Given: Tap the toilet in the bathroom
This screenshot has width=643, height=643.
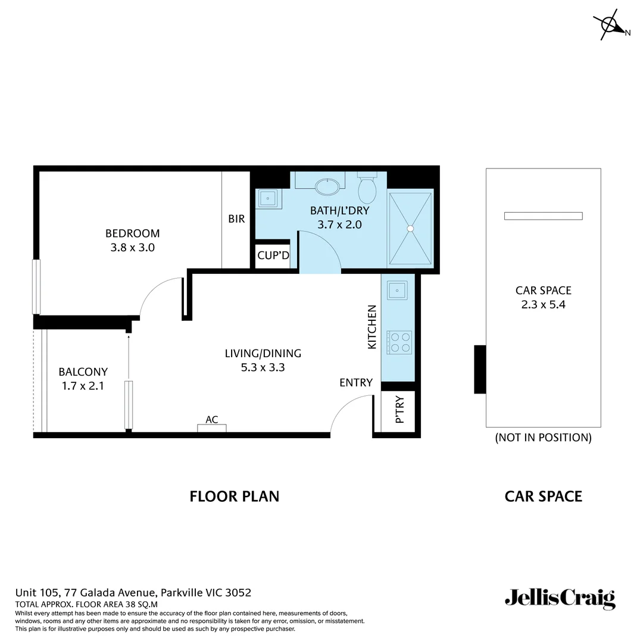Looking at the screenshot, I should (367, 189).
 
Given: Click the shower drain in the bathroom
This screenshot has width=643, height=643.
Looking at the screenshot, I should (410, 227).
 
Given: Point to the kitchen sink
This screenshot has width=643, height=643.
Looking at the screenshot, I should (397, 291).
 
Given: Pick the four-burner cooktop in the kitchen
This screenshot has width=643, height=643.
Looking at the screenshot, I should (399, 342).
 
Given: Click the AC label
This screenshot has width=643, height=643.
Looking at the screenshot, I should (212, 420).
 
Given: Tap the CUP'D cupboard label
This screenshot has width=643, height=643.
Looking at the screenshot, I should (273, 256).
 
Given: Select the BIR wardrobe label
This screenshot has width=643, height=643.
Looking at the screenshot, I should (236, 219).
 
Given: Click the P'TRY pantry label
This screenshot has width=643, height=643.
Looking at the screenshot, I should (399, 410).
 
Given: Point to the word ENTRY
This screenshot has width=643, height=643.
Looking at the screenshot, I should (356, 383).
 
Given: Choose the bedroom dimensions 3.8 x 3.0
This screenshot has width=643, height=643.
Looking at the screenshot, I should (132, 248).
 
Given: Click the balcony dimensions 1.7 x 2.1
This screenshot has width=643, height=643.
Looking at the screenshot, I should (83, 386).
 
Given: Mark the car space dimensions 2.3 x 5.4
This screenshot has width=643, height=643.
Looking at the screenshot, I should (543, 305).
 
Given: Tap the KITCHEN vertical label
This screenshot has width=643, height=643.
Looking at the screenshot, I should (372, 327).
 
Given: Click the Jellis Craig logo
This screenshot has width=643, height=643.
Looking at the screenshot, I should (560, 598).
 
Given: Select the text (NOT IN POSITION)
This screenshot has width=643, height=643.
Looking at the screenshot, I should (543, 438).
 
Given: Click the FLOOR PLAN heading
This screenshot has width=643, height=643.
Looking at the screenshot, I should (234, 496).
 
